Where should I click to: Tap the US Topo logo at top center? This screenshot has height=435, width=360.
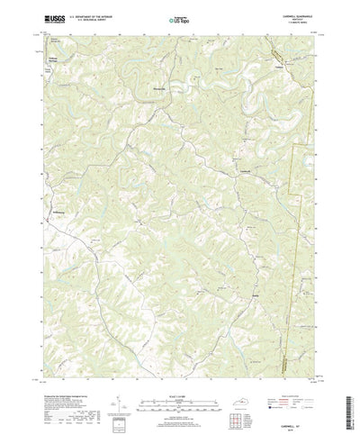[x=179, y=17]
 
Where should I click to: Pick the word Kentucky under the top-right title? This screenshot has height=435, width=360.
[x=298, y=16]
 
